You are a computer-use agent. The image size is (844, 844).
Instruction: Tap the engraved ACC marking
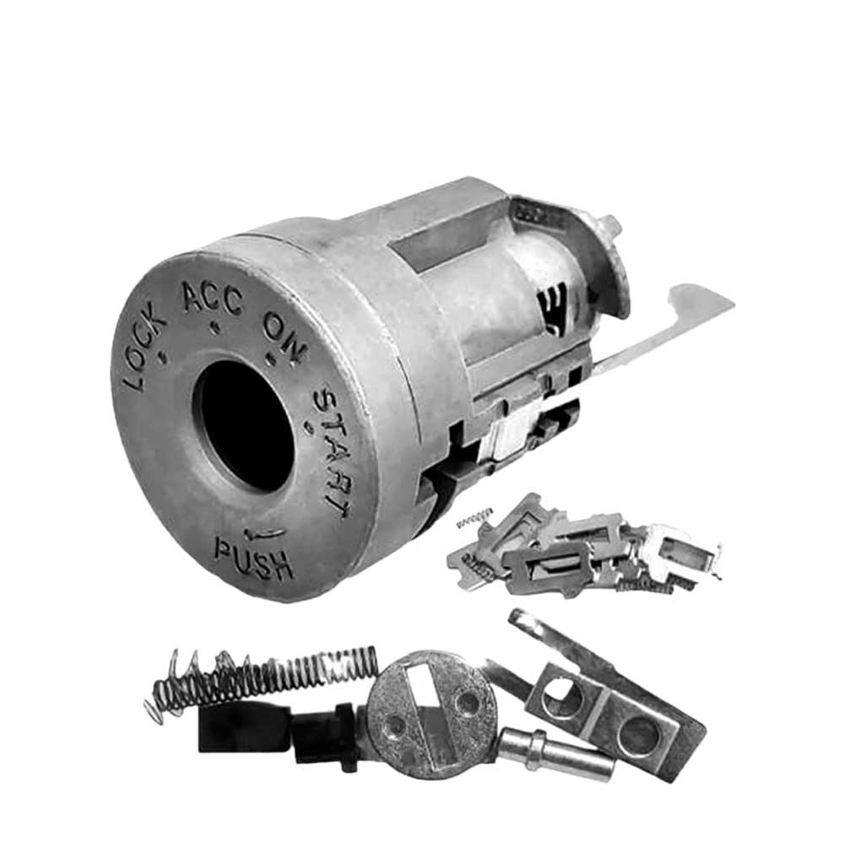pyautogui.click(x=212, y=297)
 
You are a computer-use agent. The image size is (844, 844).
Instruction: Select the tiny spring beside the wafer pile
pyautogui.click(x=475, y=516)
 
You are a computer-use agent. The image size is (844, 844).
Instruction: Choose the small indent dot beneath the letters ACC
pyautogui.click(x=217, y=323)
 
